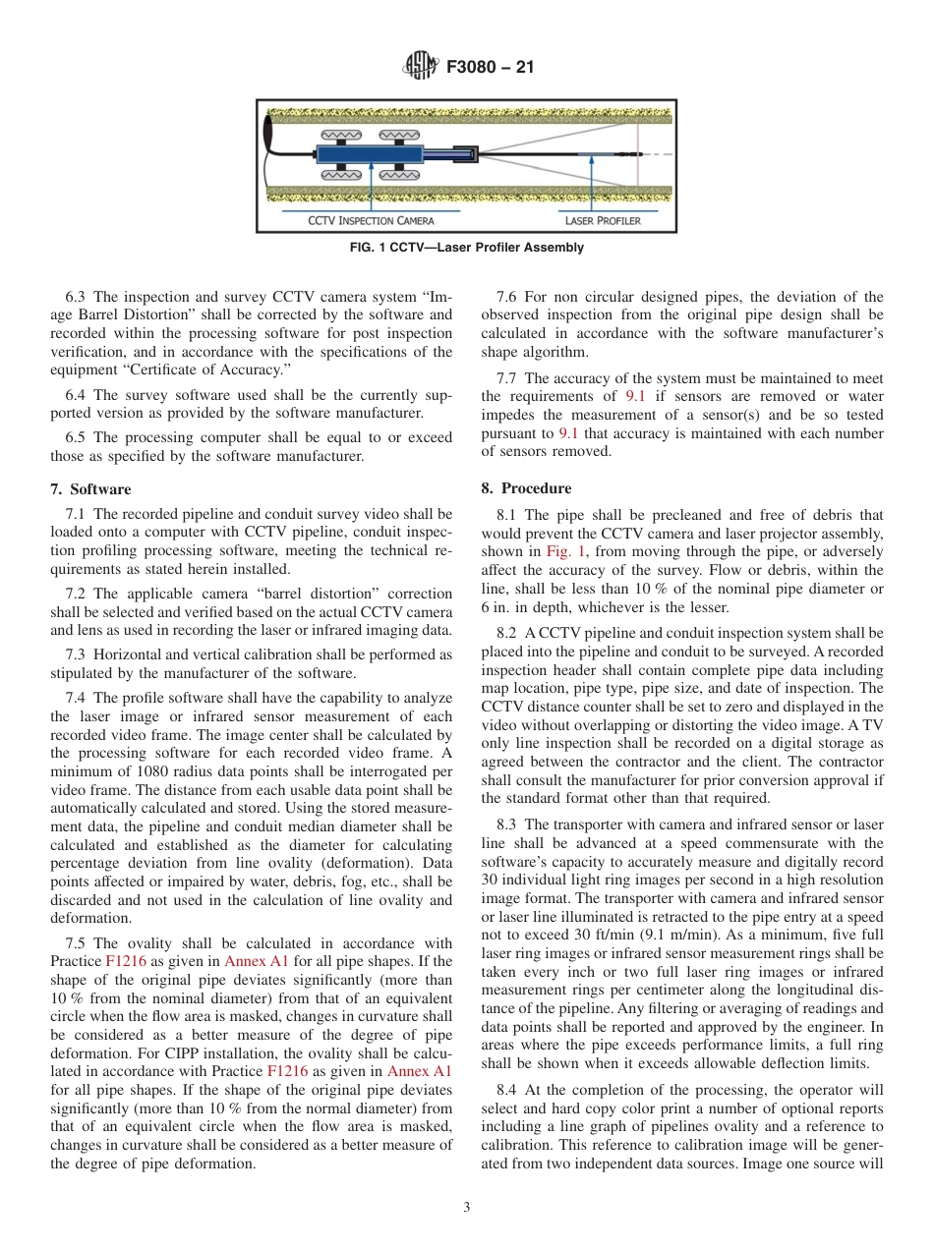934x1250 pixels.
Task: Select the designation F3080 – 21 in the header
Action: [490, 68]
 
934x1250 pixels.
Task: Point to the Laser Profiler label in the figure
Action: [603, 220]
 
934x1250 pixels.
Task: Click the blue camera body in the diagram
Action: [370, 154]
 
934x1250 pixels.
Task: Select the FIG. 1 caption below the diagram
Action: [467, 248]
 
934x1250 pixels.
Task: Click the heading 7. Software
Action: [90, 489]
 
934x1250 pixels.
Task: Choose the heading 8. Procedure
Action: [536, 488]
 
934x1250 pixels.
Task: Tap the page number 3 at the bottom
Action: [467, 1208]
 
